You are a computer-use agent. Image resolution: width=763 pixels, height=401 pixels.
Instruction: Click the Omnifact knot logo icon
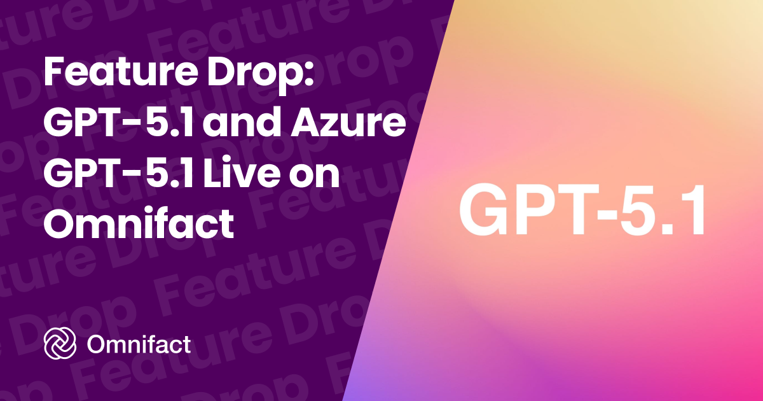tap(60, 345)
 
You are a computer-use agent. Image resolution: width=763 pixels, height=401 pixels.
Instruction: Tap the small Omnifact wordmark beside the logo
tap(139, 345)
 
